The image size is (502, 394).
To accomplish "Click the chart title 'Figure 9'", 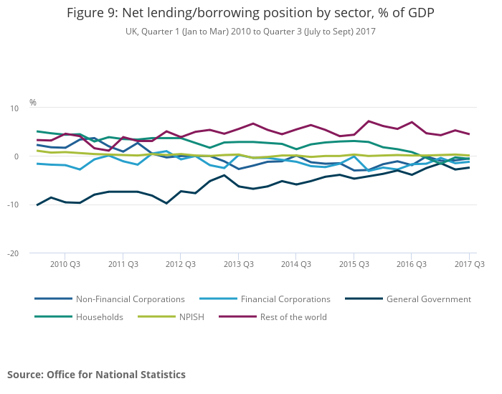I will [250, 13].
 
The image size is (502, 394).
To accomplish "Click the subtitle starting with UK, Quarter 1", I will [250, 32].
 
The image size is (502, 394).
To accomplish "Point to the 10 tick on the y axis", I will [14, 108].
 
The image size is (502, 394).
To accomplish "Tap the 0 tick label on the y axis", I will [16, 156].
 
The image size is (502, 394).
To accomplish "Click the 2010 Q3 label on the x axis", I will [65, 264].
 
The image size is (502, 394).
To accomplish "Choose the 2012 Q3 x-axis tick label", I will [181, 264].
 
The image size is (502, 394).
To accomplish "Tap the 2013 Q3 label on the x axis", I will [239, 264].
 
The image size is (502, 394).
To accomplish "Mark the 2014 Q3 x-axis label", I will [296, 264].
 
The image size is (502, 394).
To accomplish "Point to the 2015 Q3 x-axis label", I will [354, 264].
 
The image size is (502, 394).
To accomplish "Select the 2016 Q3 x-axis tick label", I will [412, 264].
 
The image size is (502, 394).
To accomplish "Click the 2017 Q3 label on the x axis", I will [470, 264].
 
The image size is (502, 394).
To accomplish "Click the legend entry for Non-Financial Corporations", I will [130, 299].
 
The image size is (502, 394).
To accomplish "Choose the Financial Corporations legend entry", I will [285, 299].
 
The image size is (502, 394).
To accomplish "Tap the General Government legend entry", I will [428, 299].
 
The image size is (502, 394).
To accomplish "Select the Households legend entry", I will [100, 317].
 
